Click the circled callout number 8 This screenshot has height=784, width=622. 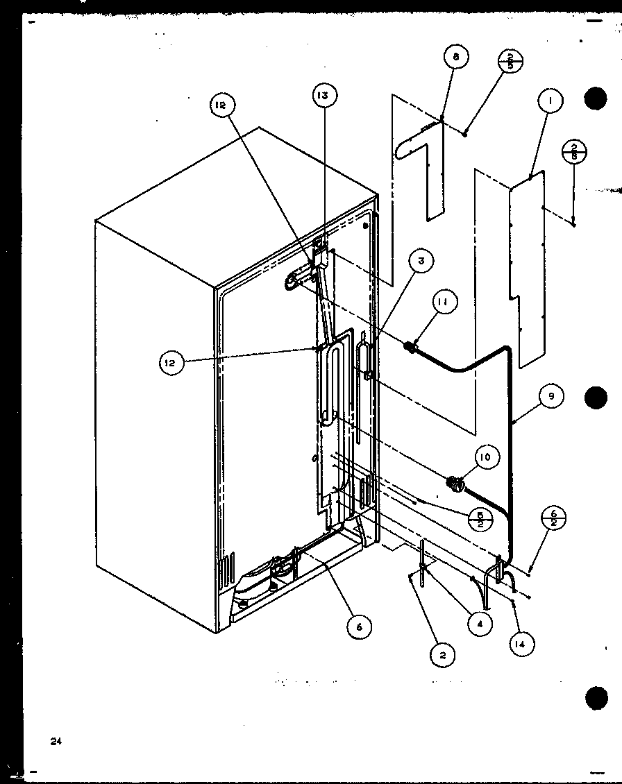coord(455,58)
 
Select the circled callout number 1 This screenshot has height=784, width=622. coord(550,103)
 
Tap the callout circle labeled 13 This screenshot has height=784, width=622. coord(324,96)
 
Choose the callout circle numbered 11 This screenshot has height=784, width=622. coord(443,302)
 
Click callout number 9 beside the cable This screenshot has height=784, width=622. coord(550,397)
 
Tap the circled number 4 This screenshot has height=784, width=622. coord(479,622)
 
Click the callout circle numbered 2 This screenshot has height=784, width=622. coord(442,654)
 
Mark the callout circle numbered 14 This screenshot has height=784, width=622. coord(521,645)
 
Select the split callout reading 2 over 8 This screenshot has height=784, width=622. coord(574,151)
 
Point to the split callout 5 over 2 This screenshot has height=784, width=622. coord(480,519)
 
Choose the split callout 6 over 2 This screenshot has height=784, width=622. coord(554,519)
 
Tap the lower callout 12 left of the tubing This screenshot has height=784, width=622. coord(171,361)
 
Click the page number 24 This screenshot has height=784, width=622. coord(55,742)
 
